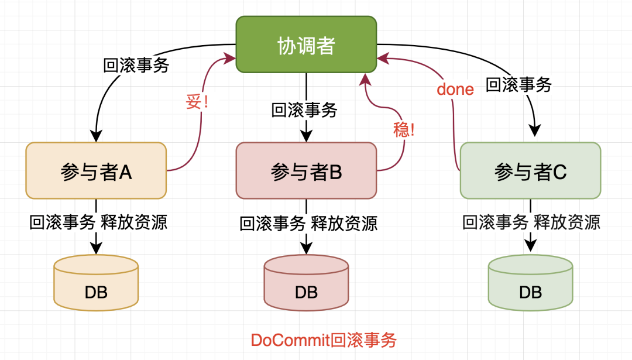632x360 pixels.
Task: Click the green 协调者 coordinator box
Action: coord(306,45)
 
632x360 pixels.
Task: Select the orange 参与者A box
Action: coord(96,170)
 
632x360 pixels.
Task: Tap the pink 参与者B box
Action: coord(306,171)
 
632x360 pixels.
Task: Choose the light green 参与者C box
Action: coord(530,171)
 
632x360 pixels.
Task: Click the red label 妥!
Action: coord(197,103)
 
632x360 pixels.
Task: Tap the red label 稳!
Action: coord(404,129)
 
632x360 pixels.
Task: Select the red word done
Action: coord(455,90)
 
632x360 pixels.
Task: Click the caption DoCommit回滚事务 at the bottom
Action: coord(324,340)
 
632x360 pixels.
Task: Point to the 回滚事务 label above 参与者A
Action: coord(136,64)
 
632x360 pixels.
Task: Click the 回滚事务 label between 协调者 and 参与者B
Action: coord(304,109)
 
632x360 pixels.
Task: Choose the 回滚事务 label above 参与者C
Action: coord(519,85)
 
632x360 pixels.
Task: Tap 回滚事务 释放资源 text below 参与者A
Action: coord(98,222)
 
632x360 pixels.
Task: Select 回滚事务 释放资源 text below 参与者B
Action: coord(308,223)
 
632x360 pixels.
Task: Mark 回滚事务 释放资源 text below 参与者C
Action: coord(531,222)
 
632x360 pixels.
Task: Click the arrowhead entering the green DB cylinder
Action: coord(530,244)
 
